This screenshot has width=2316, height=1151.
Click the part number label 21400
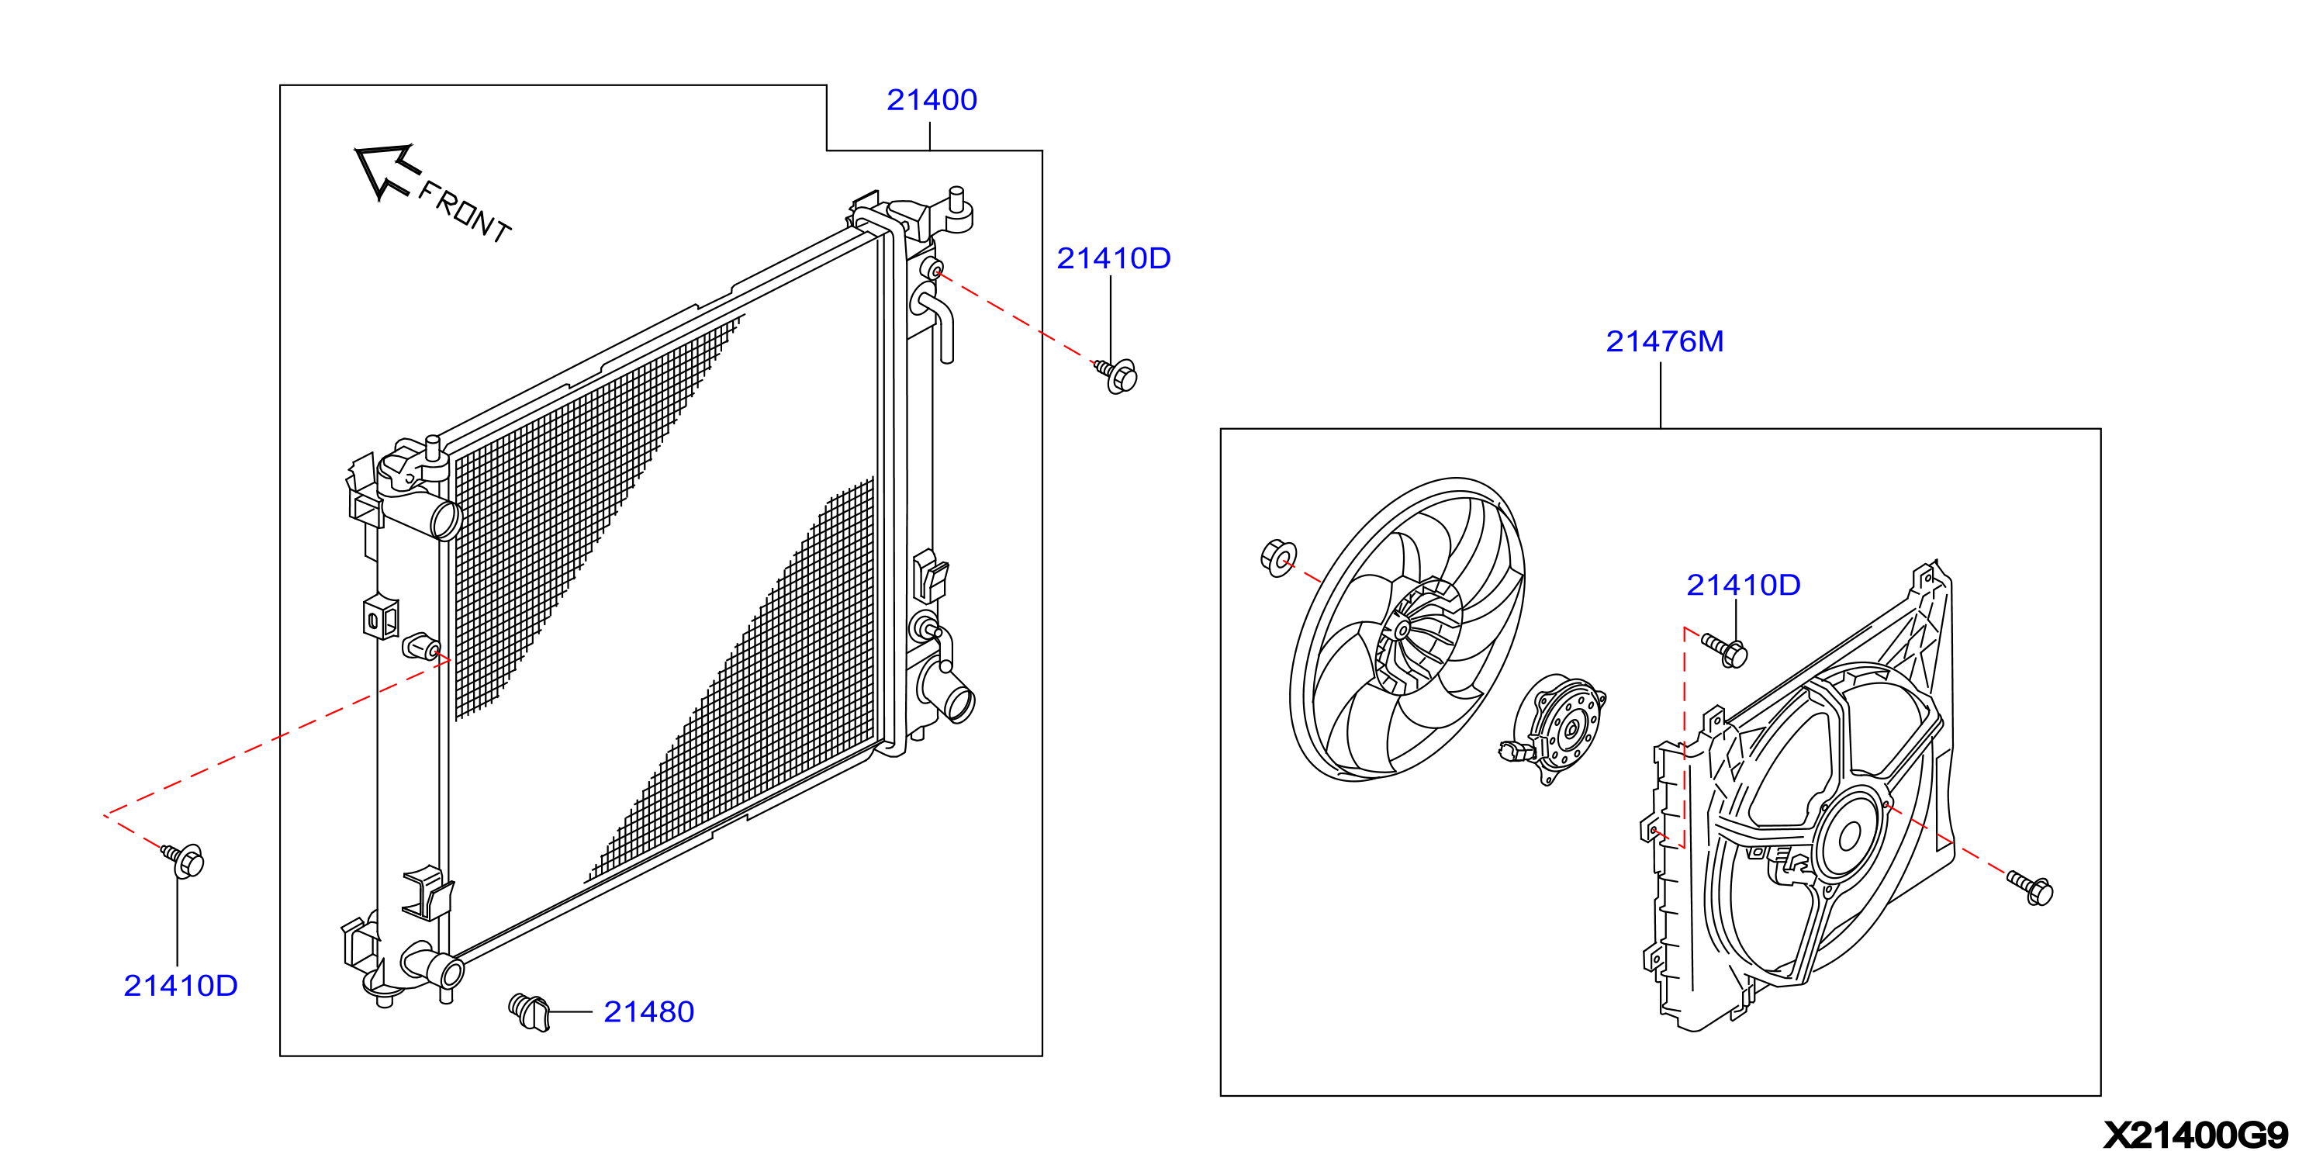pyautogui.click(x=932, y=100)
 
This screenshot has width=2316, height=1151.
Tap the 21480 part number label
pyautogui.click(x=648, y=1011)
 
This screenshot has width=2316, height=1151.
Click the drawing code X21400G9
pyautogui.click(x=2196, y=1135)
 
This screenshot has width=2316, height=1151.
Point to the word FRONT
pyautogui.click(x=465, y=211)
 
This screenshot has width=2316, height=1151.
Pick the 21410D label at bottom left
pyautogui.click(x=181, y=986)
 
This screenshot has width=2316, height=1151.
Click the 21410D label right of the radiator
pyautogui.click(x=1113, y=258)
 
